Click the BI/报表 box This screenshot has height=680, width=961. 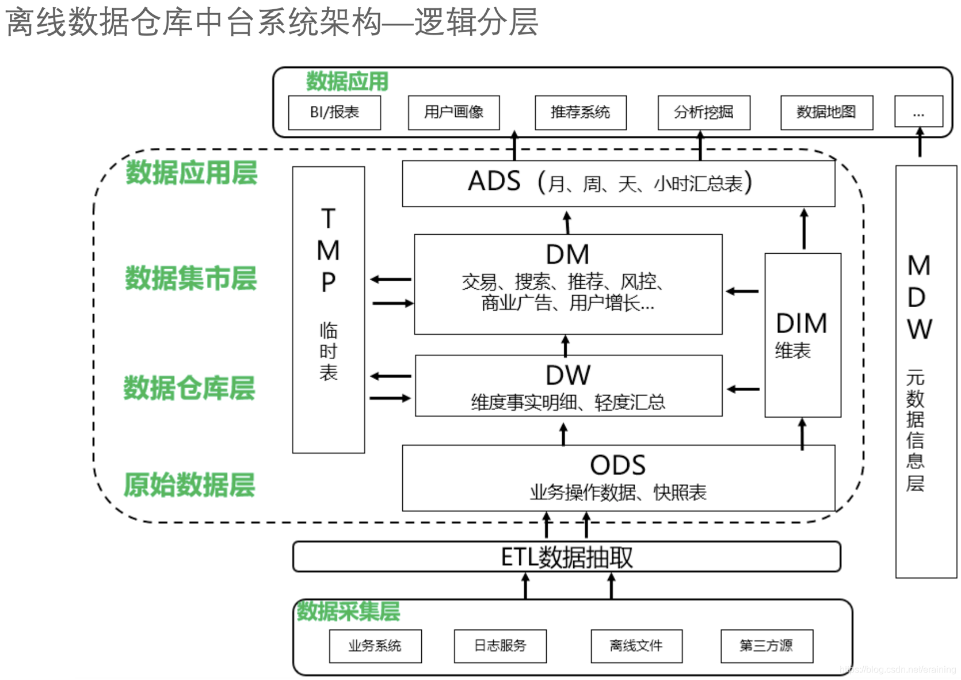(334, 113)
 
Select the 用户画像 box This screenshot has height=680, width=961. (453, 113)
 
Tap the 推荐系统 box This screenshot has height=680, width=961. (580, 113)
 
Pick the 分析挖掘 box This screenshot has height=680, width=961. (703, 113)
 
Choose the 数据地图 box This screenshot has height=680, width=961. (826, 113)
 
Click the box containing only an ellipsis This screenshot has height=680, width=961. (918, 112)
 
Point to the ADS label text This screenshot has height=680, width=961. (494, 182)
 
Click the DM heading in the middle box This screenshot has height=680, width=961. (567, 254)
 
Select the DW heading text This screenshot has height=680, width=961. (567, 376)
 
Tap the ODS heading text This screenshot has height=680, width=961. (617, 465)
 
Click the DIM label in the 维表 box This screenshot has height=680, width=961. (801, 323)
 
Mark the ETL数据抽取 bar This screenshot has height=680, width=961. (566, 557)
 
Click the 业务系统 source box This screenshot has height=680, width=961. (375, 646)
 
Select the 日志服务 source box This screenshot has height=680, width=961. (500, 646)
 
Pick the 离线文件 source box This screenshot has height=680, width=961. (636, 646)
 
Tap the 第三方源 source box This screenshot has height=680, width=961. (766, 646)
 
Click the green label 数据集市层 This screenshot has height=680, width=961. (190, 278)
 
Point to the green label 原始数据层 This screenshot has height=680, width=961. (189, 485)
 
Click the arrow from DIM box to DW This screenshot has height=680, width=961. (743, 389)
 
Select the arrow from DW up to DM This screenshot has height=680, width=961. (565, 346)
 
